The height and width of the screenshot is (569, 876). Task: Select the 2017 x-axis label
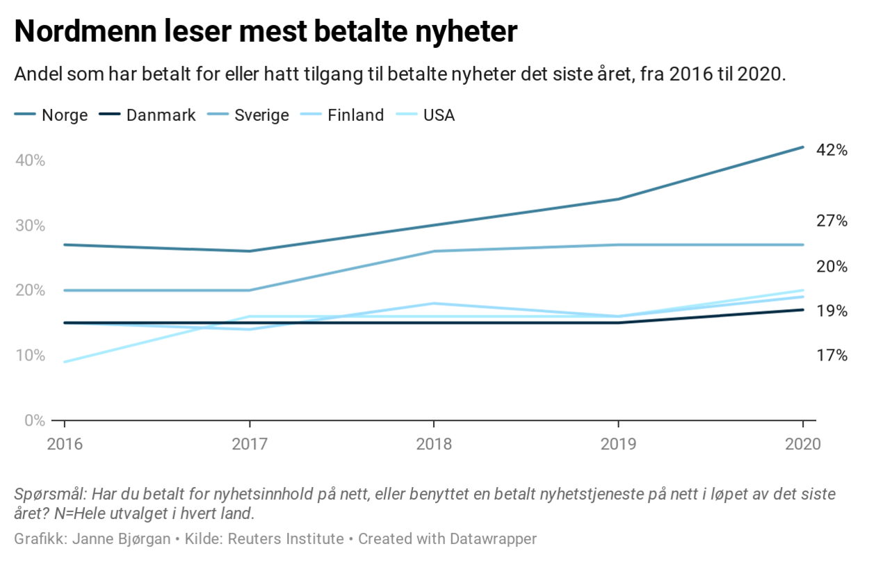coord(250,444)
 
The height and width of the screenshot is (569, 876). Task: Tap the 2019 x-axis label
coord(618,444)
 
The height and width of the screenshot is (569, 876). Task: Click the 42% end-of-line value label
coord(832,150)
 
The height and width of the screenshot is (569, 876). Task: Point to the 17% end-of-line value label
coord(832,356)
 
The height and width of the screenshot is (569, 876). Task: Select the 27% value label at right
coord(832,222)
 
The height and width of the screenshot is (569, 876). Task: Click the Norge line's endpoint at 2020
coord(803,147)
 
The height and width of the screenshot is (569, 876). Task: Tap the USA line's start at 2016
coord(65,362)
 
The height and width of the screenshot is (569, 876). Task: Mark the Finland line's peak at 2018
coord(434,304)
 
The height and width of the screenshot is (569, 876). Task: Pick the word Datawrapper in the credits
coord(493,538)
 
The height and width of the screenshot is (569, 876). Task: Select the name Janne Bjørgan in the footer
coord(121,538)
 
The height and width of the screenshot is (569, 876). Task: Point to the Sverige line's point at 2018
coord(434,251)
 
